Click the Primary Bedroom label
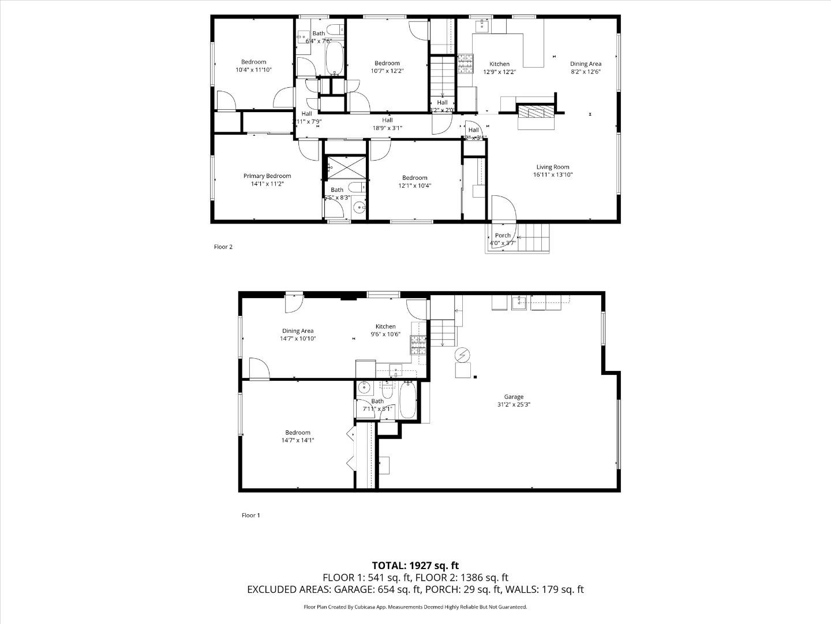[x=267, y=176]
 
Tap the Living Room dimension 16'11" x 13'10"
[x=552, y=174]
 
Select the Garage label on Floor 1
[x=513, y=397]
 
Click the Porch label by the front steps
[x=503, y=235]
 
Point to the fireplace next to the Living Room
[x=535, y=112]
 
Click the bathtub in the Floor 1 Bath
[x=407, y=402]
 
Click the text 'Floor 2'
[x=223, y=247]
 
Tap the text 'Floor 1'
[x=250, y=515]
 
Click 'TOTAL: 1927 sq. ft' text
[x=415, y=566]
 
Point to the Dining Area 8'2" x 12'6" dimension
[x=585, y=72]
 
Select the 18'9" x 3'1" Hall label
[x=387, y=128]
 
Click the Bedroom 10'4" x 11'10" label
[x=253, y=69]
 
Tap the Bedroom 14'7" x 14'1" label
[x=298, y=440]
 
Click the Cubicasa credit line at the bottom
[x=415, y=607]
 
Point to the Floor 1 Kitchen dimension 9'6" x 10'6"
[x=385, y=334]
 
